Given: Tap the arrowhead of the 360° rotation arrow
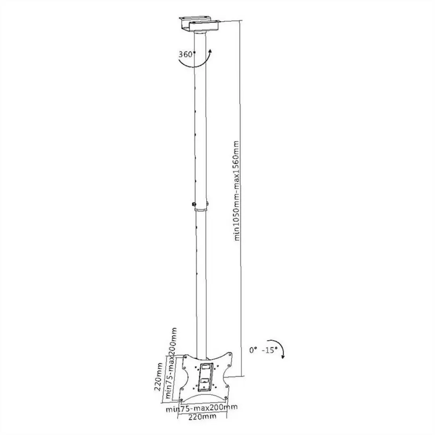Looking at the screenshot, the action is (x=210, y=52).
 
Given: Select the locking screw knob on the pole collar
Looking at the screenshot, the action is (x=193, y=205).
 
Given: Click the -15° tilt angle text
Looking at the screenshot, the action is (x=269, y=350).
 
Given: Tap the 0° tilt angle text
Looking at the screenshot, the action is (x=253, y=350).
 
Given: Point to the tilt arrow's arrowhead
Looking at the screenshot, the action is (x=283, y=356).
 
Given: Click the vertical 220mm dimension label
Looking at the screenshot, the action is (x=158, y=377).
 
